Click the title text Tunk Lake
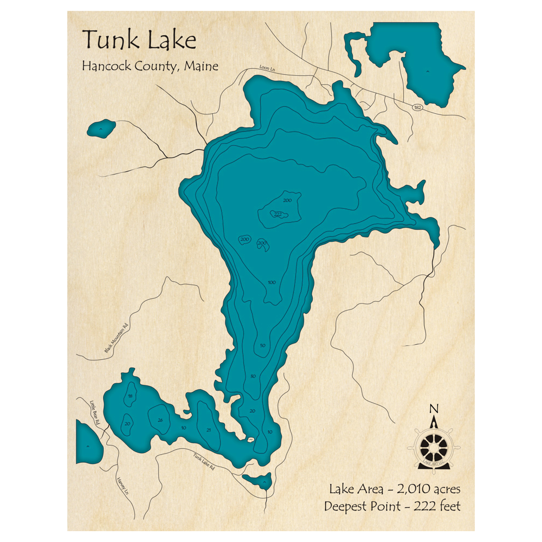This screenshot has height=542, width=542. [x=139, y=40]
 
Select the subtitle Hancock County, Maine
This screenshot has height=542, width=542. [x=150, y=66]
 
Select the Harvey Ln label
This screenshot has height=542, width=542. [x=122, y=486]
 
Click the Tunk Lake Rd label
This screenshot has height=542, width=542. [x=204, y=461]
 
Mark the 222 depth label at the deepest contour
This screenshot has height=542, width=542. [x=278, y=214]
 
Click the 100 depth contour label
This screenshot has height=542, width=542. [x=272, y=282]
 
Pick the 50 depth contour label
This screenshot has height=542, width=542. [x=262, y=345]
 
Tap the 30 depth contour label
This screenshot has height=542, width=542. [x=253, y=376]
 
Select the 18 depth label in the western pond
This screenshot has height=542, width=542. [x=130, y=396]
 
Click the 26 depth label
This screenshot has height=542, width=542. [x=159, y=420]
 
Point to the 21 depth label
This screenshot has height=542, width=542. [x=208, y=430]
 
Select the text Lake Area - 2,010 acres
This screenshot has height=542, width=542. [x=395, y=489]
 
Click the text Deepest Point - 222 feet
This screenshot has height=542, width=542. [x=392, y=507]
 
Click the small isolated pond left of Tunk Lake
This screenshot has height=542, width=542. [x=101, y=128]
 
